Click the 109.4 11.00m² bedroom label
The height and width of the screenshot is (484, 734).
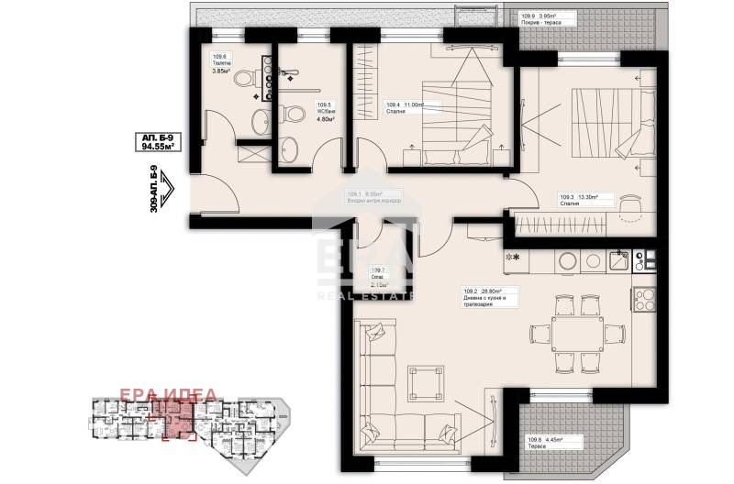tap(405, 105)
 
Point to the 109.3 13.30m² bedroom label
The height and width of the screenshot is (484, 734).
tap(579, 196)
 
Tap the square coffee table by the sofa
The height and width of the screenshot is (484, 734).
tap(425, 376)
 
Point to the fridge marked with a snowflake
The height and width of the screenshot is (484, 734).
tap(512, 259)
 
